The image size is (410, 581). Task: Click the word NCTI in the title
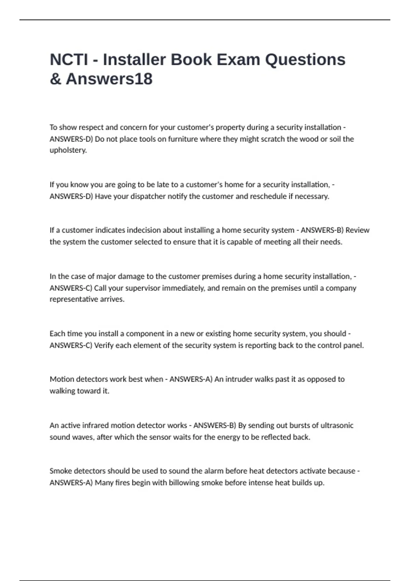(69, 60)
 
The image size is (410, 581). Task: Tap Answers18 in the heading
(109, 79)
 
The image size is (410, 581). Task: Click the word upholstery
(68, 150)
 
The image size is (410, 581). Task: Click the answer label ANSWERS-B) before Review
(322, 230)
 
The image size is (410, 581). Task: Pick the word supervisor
(142, 288)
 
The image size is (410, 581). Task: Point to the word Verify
(104, 346)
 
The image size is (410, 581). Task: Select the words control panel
(340, 346)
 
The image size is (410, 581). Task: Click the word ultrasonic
(337, 425)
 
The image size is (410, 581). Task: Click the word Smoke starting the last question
(60, 471)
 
